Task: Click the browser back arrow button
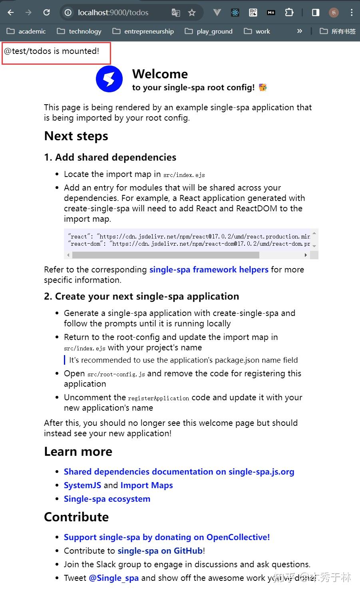[11, 12]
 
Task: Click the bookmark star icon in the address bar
[192, 13]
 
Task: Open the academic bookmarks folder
[26, 31]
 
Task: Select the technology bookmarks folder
[79, 31]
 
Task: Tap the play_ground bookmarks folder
[209, 31]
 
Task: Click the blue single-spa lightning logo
[109, 79]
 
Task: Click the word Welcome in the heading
[160, 74]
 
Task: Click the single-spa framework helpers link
[209, 270]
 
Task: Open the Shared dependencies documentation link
[179, 472]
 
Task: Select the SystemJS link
[82, 485]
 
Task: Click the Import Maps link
[147, 485]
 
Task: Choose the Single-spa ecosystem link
[107, 499]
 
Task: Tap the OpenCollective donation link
[167, 537]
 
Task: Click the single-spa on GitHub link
[160, 551]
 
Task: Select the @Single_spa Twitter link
[114, 578]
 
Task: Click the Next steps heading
[76, 136]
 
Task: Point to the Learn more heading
[78, 452]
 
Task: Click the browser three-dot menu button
[352, 12]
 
